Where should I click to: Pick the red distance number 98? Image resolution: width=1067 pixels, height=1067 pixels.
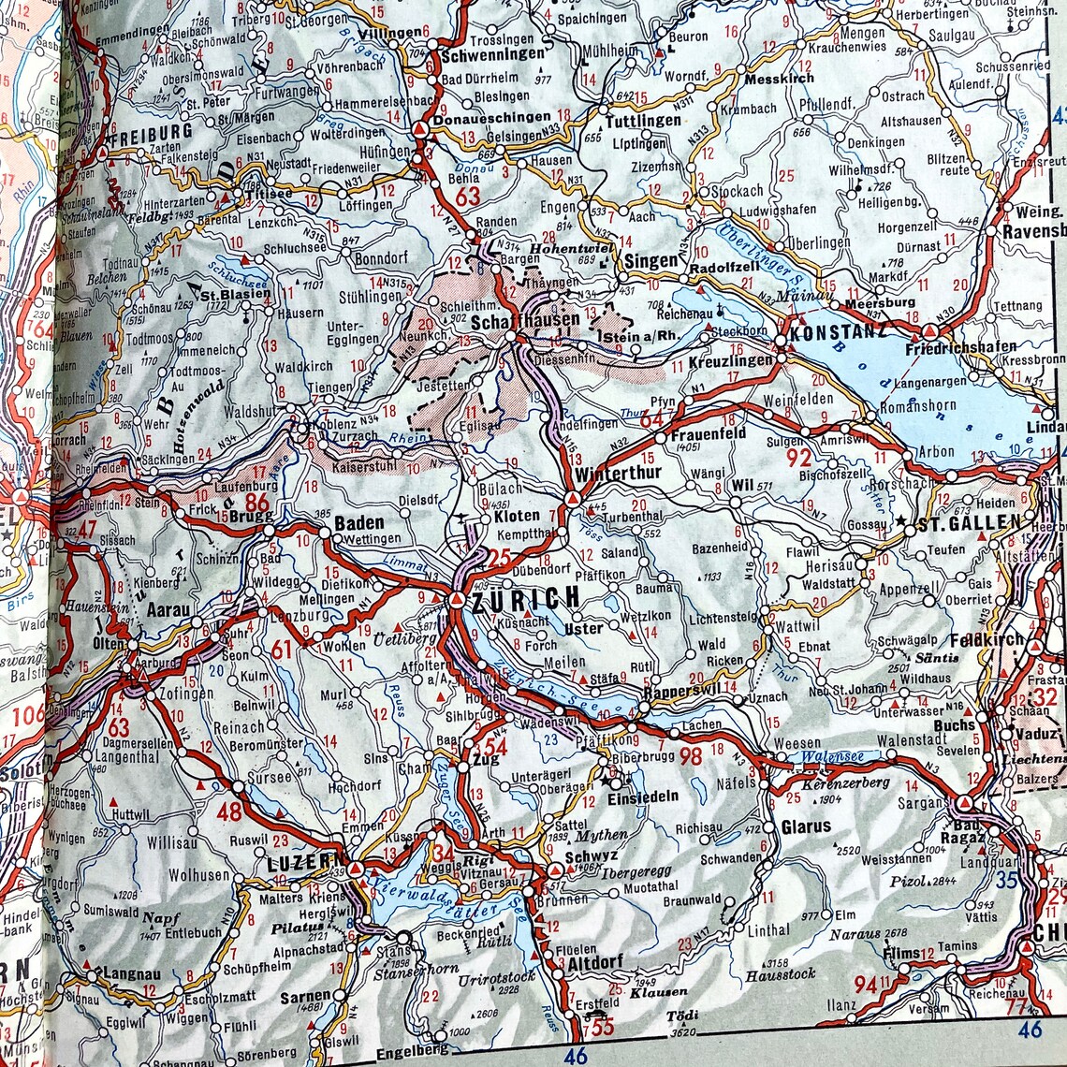[691, 755]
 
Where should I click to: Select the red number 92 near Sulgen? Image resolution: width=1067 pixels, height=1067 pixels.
[798, 458]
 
